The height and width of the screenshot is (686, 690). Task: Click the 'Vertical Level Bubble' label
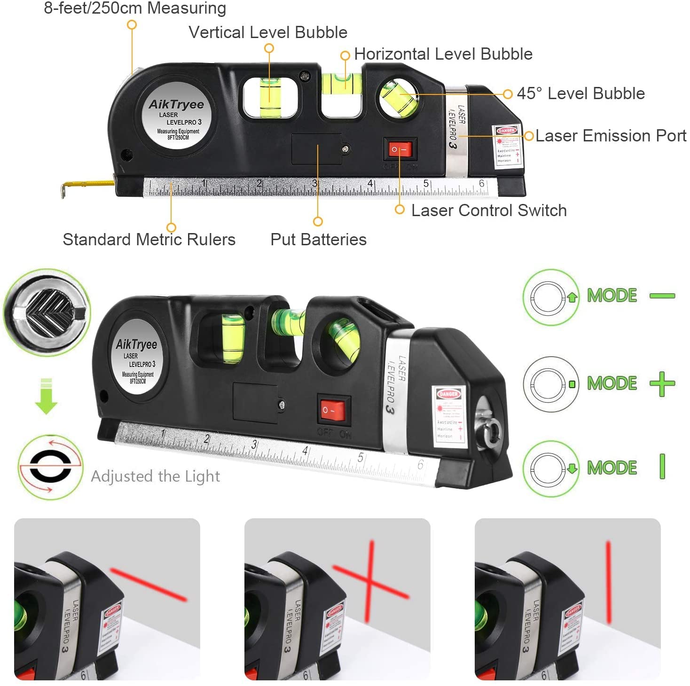coord(268,32)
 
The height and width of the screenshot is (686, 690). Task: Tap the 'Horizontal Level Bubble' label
coord(443,54)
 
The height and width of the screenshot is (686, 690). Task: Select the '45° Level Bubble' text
coord(580,94)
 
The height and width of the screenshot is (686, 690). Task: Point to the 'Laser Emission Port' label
coord(611,136)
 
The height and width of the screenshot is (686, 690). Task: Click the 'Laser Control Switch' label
coord(489,210)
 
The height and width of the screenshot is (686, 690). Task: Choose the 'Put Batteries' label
coord(318,240)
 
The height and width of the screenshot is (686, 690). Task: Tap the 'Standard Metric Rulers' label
coord(149,240)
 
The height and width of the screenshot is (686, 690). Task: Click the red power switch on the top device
coord(400,150)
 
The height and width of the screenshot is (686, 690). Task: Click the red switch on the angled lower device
coord(333,410)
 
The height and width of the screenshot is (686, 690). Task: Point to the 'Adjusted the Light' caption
coord(155,476)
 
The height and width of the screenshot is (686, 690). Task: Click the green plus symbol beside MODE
coord(662,384)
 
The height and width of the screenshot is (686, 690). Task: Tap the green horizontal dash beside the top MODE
coord(662,296)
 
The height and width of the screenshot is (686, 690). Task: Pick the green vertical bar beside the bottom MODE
coord(662,467)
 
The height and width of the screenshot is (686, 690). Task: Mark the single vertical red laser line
coord(608,583)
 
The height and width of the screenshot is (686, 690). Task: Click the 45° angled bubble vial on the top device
coord(399,98)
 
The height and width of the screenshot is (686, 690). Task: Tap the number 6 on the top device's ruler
coord(481,184)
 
